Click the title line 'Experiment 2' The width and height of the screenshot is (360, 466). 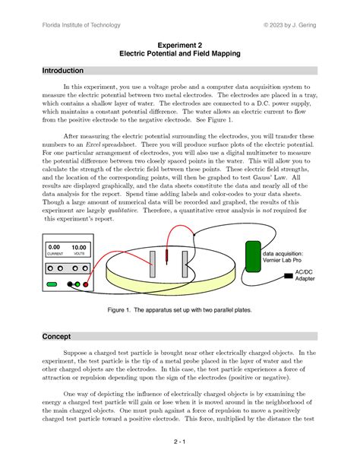[179, 45]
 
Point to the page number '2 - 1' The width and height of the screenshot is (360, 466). [179, 441]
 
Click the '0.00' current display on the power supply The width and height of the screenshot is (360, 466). [54, 248]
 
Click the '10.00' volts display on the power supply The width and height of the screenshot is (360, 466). [79, 248]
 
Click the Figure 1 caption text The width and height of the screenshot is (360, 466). [179, 310]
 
